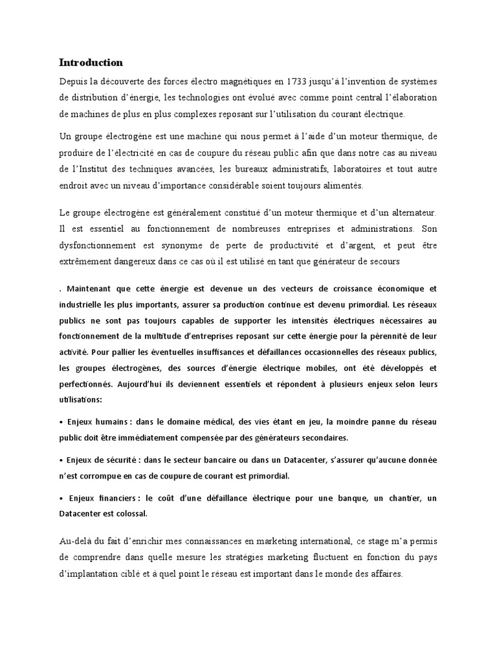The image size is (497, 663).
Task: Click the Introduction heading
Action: pos(91,63)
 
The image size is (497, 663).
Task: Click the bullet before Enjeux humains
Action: pos(61,422)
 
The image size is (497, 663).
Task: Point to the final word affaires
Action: pos(384,574)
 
